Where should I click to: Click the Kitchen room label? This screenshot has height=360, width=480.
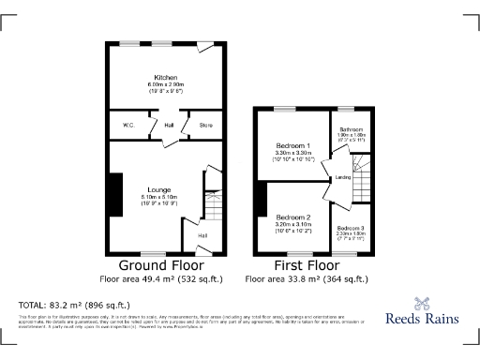(166, 77)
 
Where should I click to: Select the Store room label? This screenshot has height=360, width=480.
(204, 125)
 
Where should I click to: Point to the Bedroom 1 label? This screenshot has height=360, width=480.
(292, 145)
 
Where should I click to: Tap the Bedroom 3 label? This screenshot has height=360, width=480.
(351, 229)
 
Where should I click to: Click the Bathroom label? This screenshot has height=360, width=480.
(351, 129)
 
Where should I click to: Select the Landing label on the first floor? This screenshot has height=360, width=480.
(343, 176)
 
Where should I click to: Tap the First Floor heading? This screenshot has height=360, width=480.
(307, 266)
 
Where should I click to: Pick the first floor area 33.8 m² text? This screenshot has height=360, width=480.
(307, 279)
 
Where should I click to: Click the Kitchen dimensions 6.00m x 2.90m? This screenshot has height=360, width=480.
(166, 85)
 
